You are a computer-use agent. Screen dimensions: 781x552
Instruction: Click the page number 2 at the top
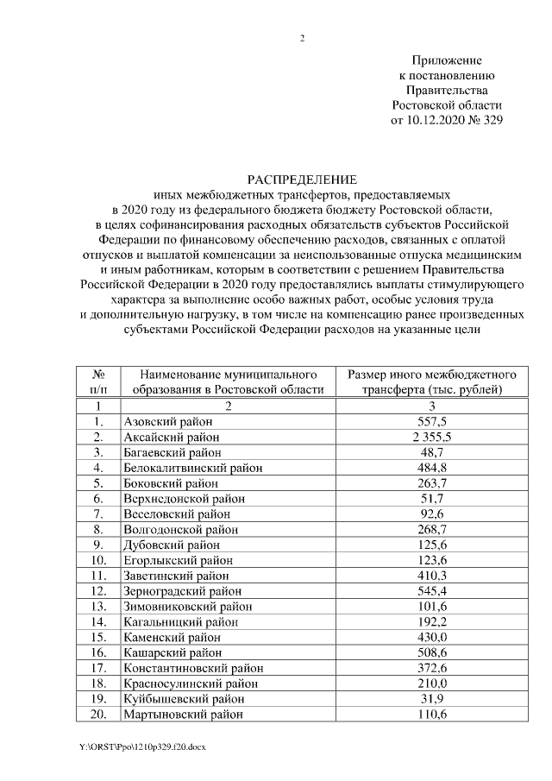click(302, 39)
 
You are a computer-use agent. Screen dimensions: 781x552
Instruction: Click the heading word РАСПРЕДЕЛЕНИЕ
click(302, 180)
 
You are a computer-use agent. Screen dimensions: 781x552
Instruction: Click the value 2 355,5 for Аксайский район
click(432, 438)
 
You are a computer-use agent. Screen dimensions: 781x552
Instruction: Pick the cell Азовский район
click(167, 422)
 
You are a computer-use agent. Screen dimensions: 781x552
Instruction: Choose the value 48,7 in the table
click(432, 452)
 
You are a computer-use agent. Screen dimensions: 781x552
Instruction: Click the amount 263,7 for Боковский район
click(432, 483)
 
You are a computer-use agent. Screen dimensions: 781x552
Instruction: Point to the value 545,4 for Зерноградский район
click(432, 591)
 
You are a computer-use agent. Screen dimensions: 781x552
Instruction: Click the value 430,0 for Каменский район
click(432, 637)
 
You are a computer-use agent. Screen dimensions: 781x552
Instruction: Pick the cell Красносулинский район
click(186, 683)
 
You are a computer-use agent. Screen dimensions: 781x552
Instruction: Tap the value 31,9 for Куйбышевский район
click(432, 699)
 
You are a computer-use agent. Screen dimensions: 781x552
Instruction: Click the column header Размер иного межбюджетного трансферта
click(432, 382)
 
